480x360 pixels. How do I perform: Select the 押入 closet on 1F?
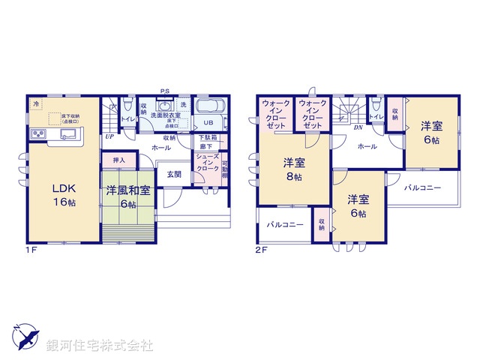(119, 160)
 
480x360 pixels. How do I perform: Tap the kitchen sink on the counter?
(66, 135)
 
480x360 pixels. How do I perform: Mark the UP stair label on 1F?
(109, 136)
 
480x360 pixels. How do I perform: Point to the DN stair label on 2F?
(358, 126)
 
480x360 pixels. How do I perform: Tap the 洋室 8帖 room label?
(292, 169)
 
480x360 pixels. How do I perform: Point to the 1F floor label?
(31, 250)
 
